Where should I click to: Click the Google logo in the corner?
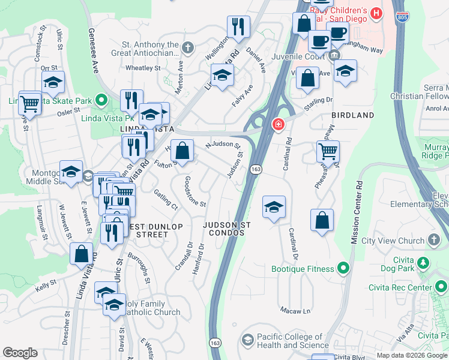coord(20,353)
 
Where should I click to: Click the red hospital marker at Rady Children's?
coord(376,12)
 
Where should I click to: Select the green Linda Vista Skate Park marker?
coord(103,99)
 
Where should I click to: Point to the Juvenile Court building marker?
coord(334,56)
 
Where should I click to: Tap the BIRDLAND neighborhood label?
coord(353,115)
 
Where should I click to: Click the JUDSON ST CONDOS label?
coord(226,229)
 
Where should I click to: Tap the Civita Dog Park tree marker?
coord(424,262)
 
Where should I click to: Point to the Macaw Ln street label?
coord(295,310)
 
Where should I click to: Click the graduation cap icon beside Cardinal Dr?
coord(274,206)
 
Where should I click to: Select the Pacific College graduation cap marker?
coord(247,340)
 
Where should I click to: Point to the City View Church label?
coord(393,241)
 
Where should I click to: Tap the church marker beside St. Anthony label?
coord(188,47)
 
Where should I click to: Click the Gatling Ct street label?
coord(166,199)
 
